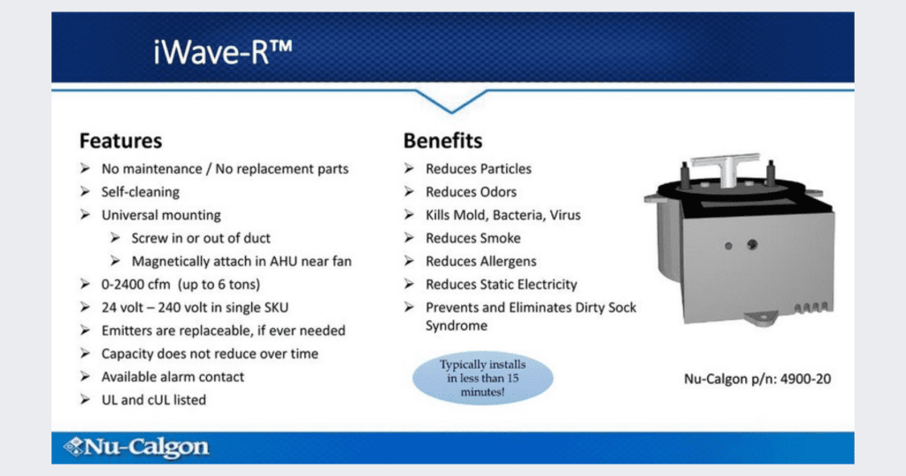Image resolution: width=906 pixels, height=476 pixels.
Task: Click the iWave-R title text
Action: [x=223, y=52]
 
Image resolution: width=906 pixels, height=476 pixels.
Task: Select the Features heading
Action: [x=120, y=141]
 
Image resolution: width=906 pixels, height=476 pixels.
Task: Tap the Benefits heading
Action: [x=442, y=141]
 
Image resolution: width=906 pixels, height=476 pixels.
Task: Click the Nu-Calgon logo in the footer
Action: [x=136, y=447]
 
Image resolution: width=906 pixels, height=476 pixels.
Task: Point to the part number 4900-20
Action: [x=805, y=379]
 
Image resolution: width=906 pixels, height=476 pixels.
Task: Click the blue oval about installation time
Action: [x=482, y=379]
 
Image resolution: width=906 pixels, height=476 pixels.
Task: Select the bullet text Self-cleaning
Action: [x=141, y=192]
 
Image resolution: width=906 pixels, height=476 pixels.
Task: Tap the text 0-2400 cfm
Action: [x=135, y=284]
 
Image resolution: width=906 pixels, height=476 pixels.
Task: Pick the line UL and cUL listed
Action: [x=154, y=400]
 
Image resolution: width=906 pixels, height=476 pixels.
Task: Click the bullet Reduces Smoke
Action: [x=473, y=238]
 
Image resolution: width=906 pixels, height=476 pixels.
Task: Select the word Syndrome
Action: [x=457, y=326]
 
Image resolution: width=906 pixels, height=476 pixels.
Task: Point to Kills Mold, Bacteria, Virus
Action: [x=503, y=215]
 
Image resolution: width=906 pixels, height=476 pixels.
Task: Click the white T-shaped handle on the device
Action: [x=726, y=166]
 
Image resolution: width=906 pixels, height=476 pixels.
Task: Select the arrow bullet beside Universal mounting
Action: [x=85, y=215]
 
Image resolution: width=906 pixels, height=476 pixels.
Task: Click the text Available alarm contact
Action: [x=173, y=377]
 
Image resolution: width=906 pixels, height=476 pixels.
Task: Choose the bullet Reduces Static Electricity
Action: [x=502, y=284]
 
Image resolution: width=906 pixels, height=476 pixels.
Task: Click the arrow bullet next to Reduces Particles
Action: [x=409, y=169]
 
